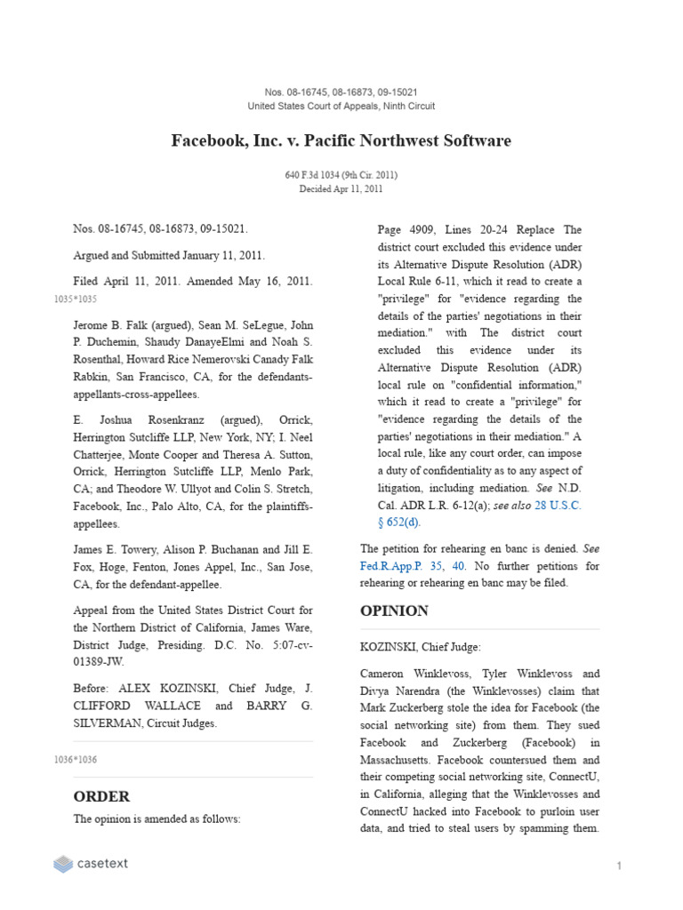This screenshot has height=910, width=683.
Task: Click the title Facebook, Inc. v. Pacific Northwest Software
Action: pos(341,141)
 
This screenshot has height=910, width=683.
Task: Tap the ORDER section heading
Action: pos(101,796)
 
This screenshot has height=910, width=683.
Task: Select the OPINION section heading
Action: pos(394,611)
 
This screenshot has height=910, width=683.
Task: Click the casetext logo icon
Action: pos(63,863)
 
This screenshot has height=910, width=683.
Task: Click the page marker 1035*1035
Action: pos(76,299)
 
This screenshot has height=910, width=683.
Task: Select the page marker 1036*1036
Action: pos(76,760)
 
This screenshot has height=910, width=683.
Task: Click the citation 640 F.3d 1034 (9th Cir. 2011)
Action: pos(341,176)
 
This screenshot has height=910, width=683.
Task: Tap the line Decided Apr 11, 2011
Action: pos(341,189)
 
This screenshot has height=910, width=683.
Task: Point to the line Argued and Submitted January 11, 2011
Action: pos(169,255)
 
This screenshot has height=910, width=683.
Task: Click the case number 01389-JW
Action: pos(99,661)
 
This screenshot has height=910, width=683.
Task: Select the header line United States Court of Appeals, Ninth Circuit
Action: pos(341,107)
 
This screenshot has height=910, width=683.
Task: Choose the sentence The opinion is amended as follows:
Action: pos(157,819)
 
